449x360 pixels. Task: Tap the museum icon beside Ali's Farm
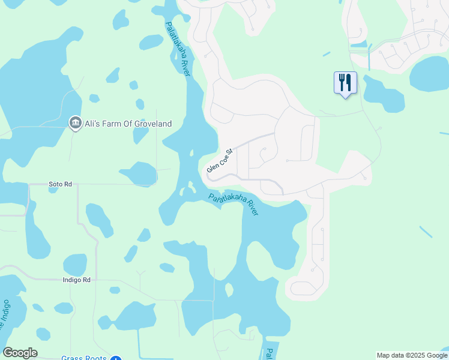[x=75, y=124]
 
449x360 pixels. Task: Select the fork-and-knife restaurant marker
[x=345, y=82]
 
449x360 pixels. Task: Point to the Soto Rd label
[x=61, y=184]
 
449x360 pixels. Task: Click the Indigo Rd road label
[x=76, y=280]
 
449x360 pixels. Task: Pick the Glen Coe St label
[x=219, y=160]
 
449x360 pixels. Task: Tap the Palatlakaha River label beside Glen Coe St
[x=234, y=204]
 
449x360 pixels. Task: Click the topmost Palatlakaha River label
[x=178, y=48]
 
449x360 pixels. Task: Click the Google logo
[x=20, y=353]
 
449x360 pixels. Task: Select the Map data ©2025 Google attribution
[x=412, y=355]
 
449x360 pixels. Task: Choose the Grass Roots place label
[x=84, y=358]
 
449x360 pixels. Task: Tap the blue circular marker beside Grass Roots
[x=116, y=358]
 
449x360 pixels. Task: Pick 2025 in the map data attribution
[x=414, y=355]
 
